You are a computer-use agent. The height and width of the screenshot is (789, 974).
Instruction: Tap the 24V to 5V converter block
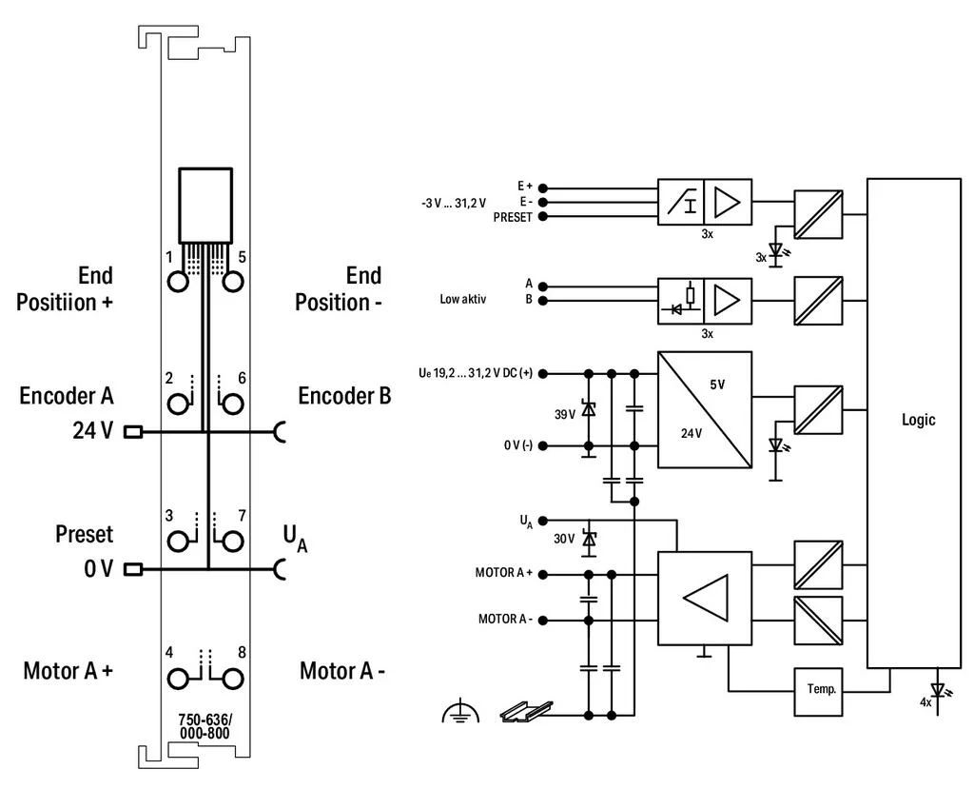coord(705,410)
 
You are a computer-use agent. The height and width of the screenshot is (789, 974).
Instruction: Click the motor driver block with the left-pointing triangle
coord(705,598)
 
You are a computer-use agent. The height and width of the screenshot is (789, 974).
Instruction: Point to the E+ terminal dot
coord(543,187)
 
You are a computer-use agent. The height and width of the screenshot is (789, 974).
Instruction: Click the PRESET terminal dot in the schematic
coord(543,216)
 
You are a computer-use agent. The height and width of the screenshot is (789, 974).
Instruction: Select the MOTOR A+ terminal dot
coord(543,575)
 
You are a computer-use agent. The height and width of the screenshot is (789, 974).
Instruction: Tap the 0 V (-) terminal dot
coord(543,445)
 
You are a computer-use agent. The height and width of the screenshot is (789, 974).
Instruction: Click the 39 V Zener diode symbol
coord(588,410)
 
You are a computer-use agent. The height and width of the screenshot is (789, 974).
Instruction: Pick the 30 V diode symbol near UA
coord(588,539)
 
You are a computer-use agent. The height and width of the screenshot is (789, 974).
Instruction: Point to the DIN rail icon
coord(526,711)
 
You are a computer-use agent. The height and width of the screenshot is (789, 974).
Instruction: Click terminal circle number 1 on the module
coord(178,281)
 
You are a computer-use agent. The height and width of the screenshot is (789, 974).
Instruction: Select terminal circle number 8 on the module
coord(232,679)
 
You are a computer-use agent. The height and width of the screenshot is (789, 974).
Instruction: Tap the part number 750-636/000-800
coord(205,726)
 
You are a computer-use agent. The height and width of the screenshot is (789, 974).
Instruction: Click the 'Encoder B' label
coord(344,395)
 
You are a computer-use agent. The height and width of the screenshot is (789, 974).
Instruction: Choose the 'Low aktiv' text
coord(463,299)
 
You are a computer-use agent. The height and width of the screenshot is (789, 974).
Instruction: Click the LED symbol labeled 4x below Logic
coord(937,691)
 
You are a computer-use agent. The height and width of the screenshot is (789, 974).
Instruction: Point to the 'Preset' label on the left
coord(85,534)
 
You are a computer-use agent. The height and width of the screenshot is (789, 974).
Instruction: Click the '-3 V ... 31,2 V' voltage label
coord(454,204)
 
